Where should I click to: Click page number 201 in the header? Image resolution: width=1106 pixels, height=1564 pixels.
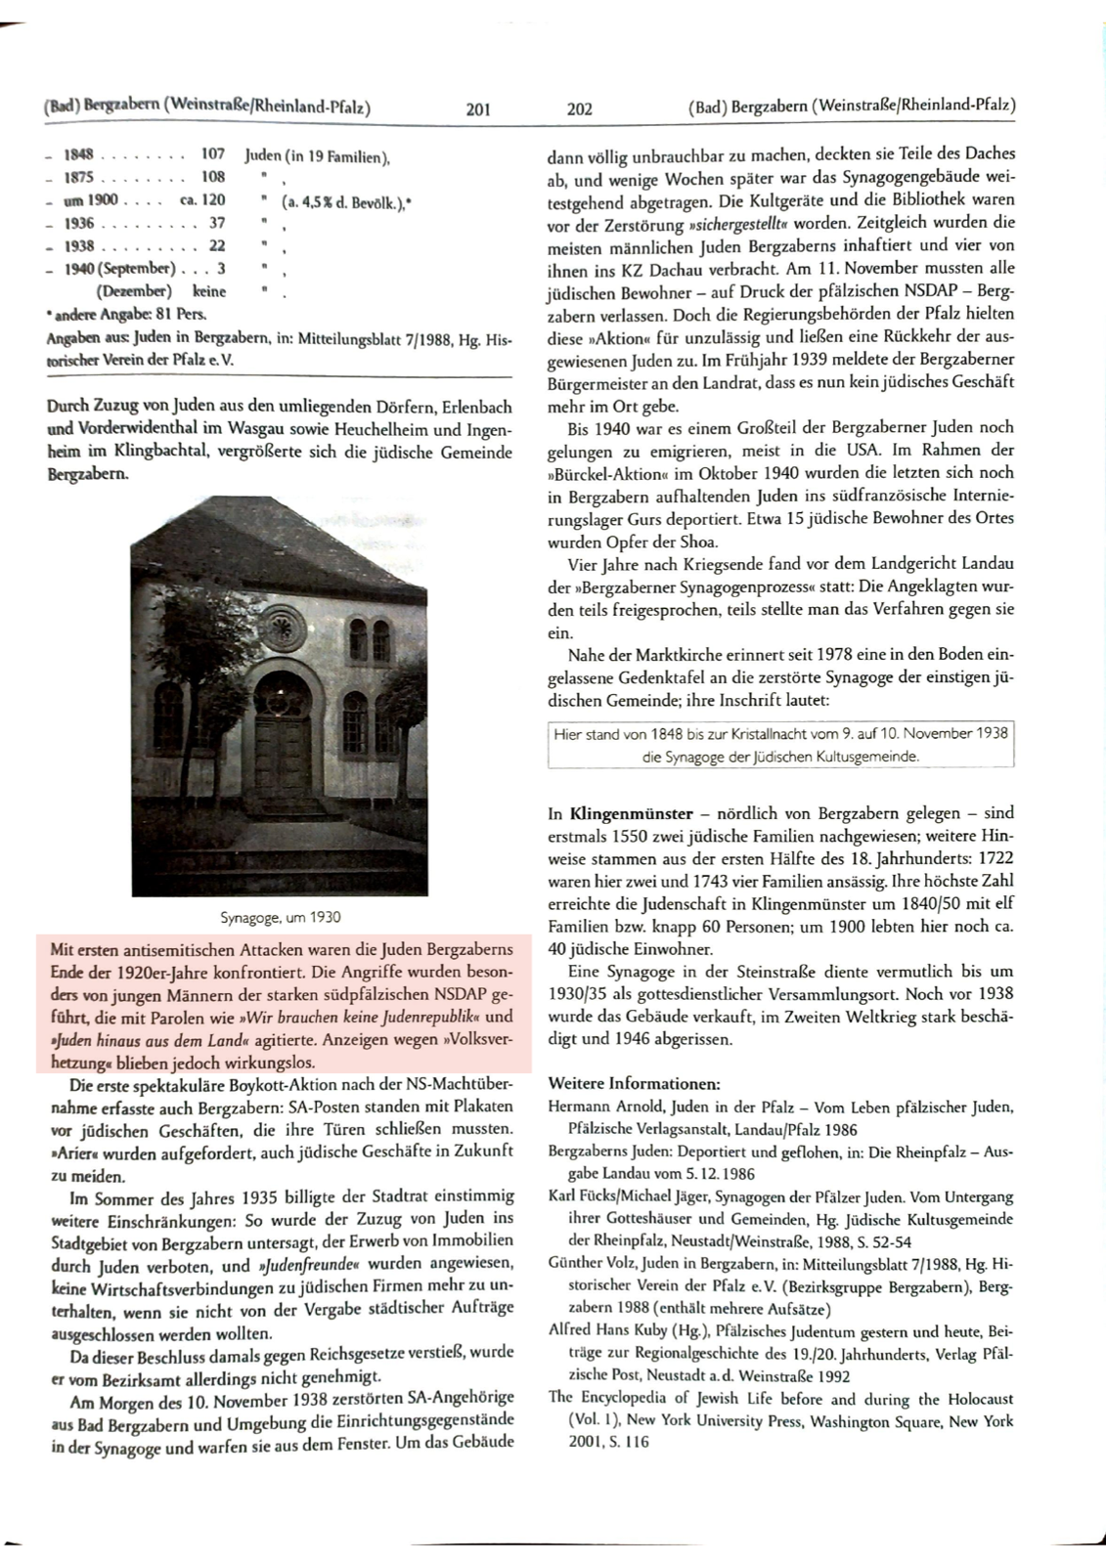[478, 109]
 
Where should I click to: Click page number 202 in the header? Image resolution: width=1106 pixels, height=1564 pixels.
[580, 109]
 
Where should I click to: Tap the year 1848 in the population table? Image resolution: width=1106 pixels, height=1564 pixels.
[78, 154]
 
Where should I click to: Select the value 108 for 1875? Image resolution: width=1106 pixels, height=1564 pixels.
[212, 177]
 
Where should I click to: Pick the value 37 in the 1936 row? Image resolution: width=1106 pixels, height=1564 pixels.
[217, 223]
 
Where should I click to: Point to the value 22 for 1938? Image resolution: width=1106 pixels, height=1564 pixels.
[217, 246]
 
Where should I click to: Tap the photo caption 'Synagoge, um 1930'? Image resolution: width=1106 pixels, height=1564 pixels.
[280, 917]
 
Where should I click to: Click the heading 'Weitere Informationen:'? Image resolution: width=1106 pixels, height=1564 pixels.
[635, 1084]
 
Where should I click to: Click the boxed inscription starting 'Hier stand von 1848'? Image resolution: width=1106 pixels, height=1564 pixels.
[780, 744]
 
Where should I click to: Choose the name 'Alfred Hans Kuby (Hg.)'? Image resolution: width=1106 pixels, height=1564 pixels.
[627, 1330]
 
